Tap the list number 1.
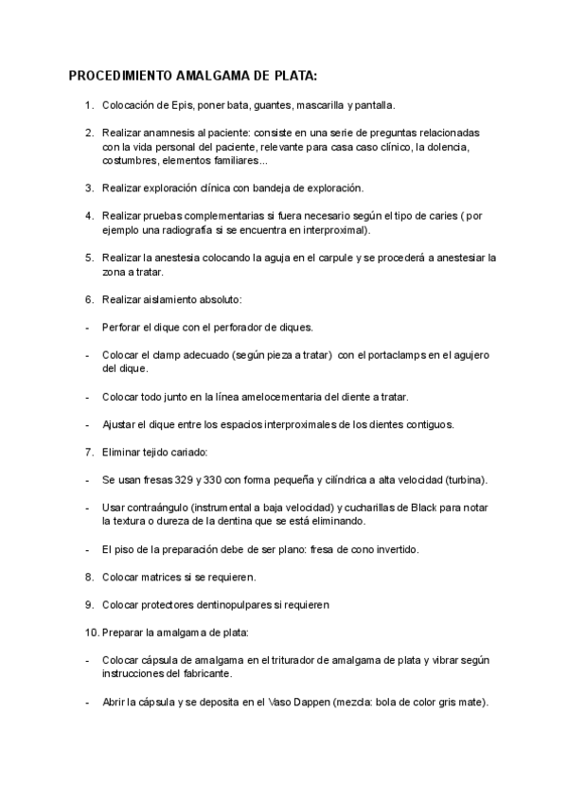click(88, 104)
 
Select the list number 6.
click(88, 299)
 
